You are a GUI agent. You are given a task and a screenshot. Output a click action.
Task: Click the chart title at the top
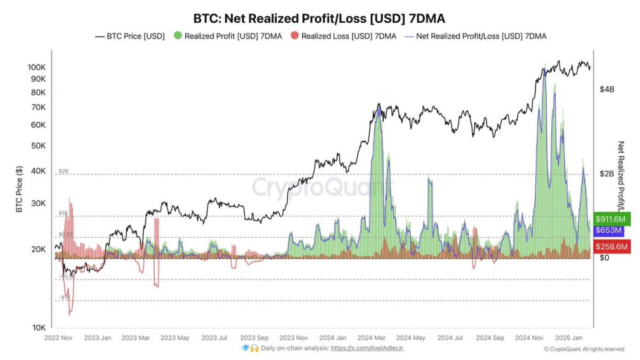click(320, 18)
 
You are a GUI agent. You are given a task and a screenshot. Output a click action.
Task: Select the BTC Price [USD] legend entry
click(130, 36)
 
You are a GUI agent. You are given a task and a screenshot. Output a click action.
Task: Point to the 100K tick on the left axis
click(37, 67)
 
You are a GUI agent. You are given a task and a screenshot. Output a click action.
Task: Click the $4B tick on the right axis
click(607, 89)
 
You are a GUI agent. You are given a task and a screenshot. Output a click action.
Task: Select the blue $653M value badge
click(609, 231)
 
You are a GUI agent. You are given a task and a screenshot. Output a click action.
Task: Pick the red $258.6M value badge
click(612, 246)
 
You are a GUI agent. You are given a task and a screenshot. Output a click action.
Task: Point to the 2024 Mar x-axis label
click(372, 338)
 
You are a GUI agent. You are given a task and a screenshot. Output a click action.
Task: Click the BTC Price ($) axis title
click(19, 189)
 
